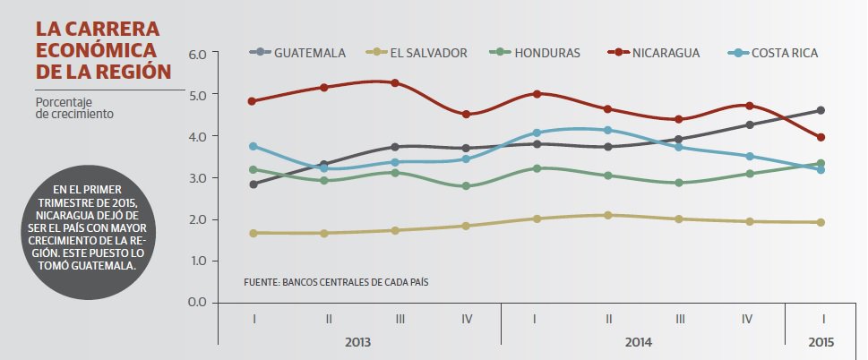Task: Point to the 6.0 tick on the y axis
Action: (x=197, y=54)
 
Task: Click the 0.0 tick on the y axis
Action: (x=197, y=302)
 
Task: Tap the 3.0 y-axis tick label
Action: (x=197, y=178)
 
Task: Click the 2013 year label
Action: (x=358, y=342)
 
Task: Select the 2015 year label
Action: (x=821, y=342)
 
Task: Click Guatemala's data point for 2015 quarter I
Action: (x=821, y=110)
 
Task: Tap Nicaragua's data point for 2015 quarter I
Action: (x=821, y=137)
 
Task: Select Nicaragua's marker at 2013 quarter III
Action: (x=395, y=83)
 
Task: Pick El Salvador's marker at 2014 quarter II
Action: (x=608, y=215)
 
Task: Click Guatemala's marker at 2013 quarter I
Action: (x=254, y=184)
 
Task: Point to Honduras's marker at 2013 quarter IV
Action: (x=466, y=186)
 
